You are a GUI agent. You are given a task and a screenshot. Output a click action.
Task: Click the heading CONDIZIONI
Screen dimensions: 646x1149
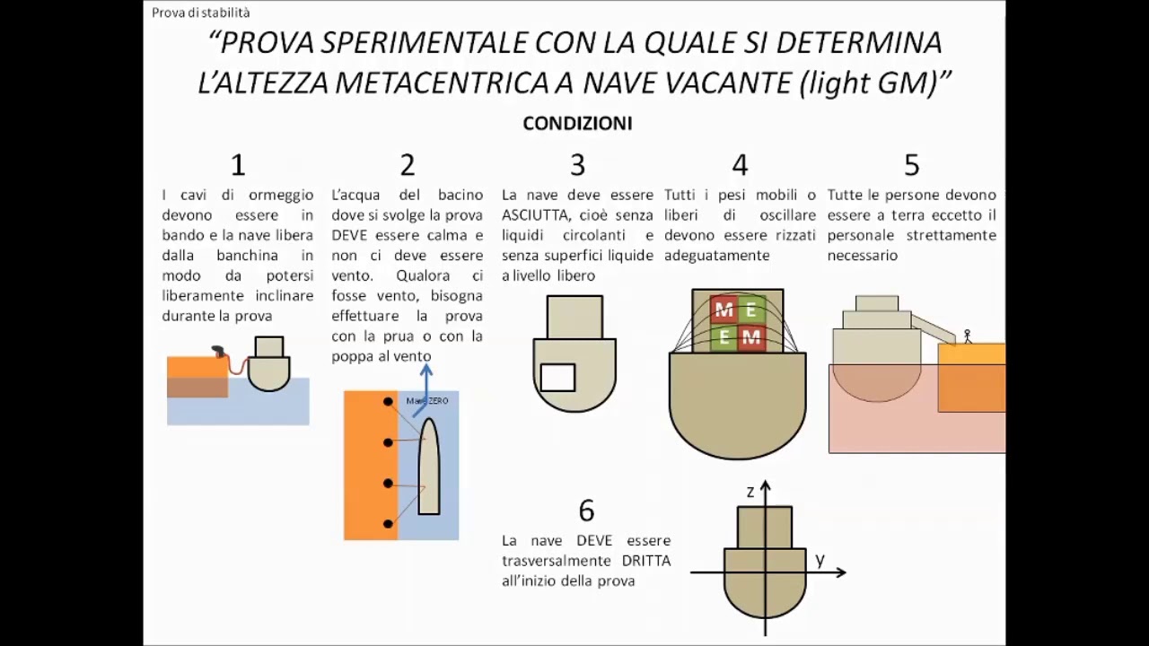(x=577, y=124)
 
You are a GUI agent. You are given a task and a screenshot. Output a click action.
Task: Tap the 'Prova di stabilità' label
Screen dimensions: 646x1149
(x=201, y=13)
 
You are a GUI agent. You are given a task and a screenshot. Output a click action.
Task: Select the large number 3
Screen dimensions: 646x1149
(x=577, y=165)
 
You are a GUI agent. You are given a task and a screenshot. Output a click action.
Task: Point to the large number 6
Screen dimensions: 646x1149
(x=586, y=511)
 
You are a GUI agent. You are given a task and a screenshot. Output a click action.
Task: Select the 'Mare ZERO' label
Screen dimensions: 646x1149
(x=428, y=401)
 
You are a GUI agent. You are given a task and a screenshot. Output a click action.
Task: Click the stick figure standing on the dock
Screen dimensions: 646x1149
(x=967, y=336)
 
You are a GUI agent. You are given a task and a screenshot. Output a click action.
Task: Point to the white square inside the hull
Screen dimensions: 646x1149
(x=557, y=378)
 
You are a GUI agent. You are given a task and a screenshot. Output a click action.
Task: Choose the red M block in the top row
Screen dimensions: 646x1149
(x=724, y=310)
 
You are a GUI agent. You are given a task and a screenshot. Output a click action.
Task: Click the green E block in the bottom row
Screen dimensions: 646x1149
(x=724, y=338)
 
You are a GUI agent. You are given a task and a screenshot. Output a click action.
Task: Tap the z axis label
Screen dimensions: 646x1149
(x=750, y=492)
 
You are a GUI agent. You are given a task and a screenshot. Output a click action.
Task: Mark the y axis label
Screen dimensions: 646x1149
(x=820, y=560)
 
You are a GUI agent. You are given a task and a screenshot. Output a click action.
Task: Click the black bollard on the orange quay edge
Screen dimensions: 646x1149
(x=217, y=352)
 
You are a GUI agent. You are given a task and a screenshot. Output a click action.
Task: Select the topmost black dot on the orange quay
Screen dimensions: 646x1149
(x=388, y=401)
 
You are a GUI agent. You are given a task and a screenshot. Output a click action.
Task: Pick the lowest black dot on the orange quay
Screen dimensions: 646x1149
(x=388, y=523)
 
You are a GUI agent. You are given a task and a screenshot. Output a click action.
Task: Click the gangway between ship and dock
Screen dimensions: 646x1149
(x=934, y=328)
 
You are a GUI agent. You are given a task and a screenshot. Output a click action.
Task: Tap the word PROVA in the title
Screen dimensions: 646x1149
(x=267, y=42)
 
